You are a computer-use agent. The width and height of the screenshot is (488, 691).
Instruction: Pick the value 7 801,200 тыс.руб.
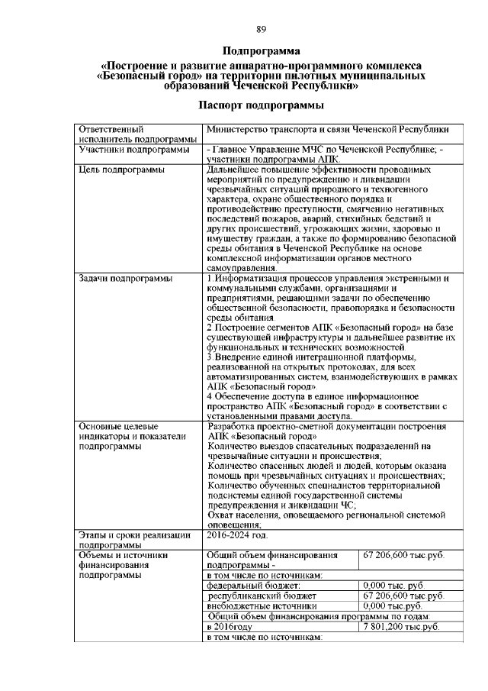(402, 625)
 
